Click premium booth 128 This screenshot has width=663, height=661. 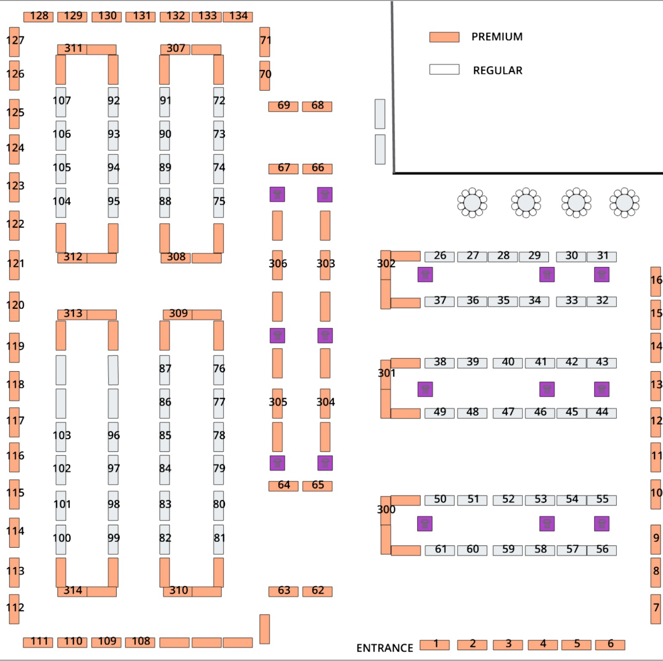click(38, 17)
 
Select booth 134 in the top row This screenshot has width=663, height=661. click(238, 17)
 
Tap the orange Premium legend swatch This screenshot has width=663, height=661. click(444, 37)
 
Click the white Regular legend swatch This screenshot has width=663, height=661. click(444, 69)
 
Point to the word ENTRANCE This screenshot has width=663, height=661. click(384, 648)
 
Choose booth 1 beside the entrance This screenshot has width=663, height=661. click(434, 644)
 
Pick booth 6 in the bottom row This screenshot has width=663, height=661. click(610, 644)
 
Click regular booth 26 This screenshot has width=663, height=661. click(439, 256)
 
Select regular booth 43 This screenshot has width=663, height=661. click(602, 363)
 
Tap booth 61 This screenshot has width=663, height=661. click(440, 550)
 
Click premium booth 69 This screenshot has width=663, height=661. click(283, 106)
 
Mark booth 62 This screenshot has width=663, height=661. click(317, 591)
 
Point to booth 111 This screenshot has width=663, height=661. click(38, 642)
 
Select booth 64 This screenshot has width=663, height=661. click(283, 485)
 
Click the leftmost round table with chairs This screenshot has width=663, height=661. click(472, 203)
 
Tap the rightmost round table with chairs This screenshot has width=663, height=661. click(624, 203)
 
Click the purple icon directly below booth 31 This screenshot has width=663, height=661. click(602, 275)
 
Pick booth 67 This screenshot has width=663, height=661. click(283, 168)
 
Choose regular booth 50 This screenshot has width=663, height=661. click(439, 500)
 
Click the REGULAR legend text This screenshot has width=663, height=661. click(497, 71)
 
